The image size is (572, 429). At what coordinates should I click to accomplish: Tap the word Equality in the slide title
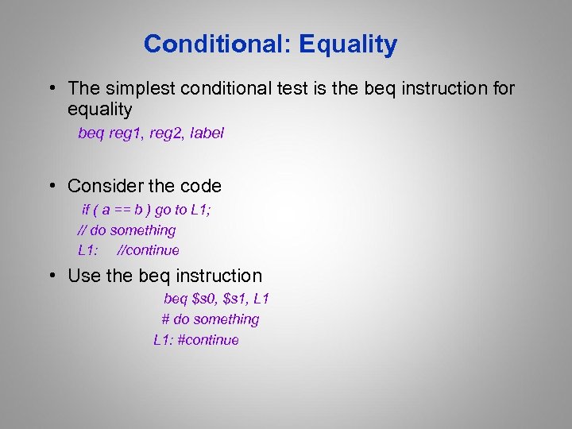[x=348, y=44]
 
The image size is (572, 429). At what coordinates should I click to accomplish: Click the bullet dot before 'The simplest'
[x=50, y=88]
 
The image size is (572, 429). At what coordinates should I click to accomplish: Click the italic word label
[x=208, y=133]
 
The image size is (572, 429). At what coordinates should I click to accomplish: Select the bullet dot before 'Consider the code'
[x=50, y=187]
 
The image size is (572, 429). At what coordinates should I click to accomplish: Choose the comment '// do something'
[x=126, y=230]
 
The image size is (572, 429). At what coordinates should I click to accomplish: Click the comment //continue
[x=148, y=250]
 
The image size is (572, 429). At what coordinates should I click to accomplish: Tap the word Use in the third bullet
[x=83, y=276]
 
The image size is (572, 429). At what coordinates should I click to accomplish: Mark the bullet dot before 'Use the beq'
[x=50, y=276]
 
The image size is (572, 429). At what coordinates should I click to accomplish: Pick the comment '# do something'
[x=211, y=319]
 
